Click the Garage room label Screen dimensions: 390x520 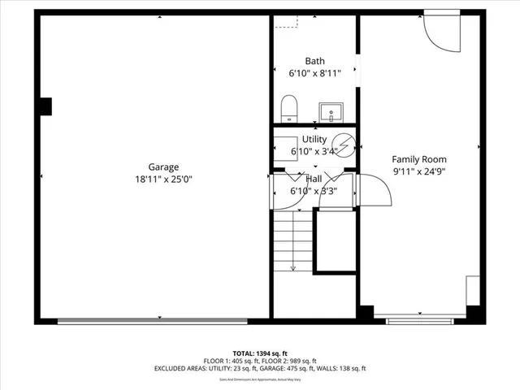click(x=163, y=167)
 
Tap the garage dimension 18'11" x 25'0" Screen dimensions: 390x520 click(x=163, y=179)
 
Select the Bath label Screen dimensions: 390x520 click(x=315, y=62)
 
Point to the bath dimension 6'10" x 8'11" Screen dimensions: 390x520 click(x=315, y=73)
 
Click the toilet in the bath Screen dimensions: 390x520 click(x=288, y=108)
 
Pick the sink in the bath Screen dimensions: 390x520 click(x=331, y=110)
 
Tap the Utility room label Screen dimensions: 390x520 click(x=314, y=141)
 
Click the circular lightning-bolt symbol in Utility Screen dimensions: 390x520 click(x=345, y=145)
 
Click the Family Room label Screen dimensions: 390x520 click(x=419, y=159)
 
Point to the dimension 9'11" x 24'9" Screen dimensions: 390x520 click(x=419, y=171)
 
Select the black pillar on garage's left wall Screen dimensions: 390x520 click(x=45, y=106)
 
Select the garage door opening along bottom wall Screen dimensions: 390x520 click(x=162, y=319)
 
